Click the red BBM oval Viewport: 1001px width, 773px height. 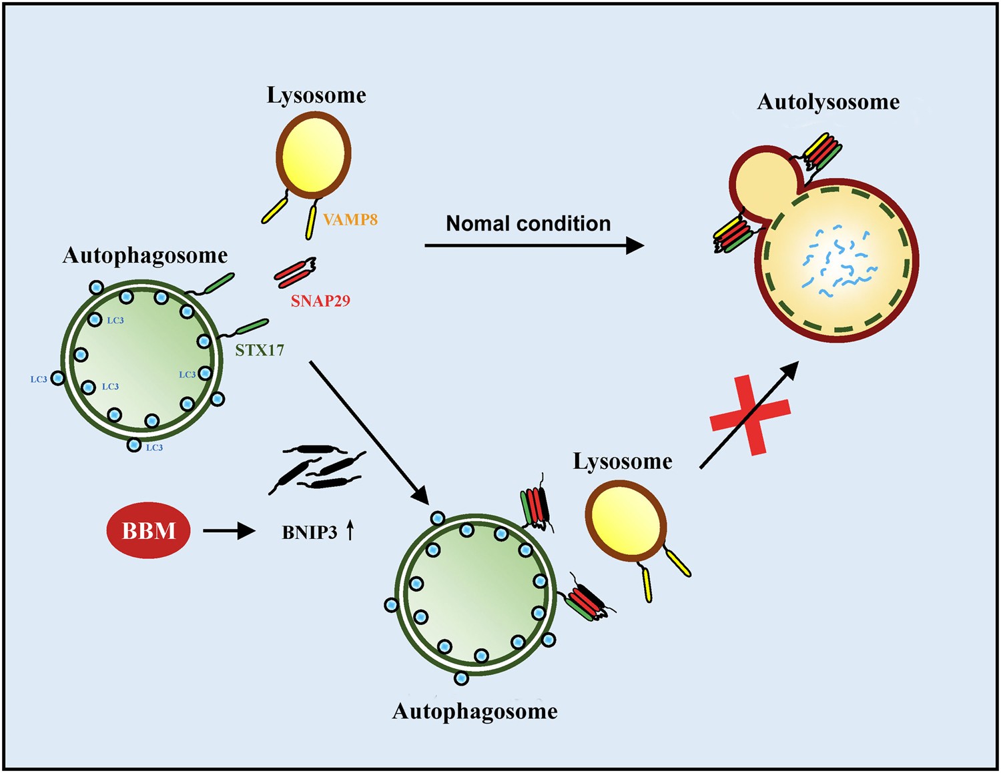point(148,531)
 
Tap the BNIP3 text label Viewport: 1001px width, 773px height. point(310,532)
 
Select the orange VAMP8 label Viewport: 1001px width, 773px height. point(350,219)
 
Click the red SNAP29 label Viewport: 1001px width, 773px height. point(320,301)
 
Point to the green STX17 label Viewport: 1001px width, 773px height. point(260,350)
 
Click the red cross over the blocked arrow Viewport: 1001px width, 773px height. point(751,415)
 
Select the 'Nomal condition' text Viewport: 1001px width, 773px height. point(528,223)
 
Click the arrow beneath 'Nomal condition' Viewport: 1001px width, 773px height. point(534,245)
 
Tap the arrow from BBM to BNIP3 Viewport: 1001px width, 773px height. point(229,531)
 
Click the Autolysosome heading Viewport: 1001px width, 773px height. point(828,102)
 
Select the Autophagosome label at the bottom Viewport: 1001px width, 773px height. point(474,711)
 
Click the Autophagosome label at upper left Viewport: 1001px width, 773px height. point(145,255)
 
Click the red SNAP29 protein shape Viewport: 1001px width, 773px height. point(294,272)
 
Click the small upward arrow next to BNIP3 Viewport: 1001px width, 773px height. point(350,531)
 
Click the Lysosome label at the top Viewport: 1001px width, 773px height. point(316,95)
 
